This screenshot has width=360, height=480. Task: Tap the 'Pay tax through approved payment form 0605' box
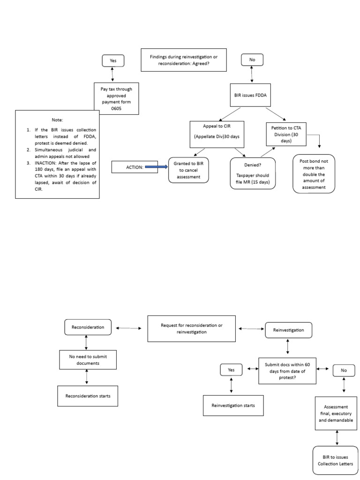pyautogui.click(x=116, y=98)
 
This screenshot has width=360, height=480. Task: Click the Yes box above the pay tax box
pyautogui.click(x=113, y=60)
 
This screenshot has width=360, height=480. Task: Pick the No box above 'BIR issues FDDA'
pyautogui.click(x=252, y=60)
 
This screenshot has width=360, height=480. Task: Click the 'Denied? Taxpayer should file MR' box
pyautogui.click(x=253, y=173)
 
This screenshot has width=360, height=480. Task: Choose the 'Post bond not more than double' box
pyautogui.click(x=314, y=173)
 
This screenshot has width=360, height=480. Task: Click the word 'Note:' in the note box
pyautogui.click(x=57, y=120)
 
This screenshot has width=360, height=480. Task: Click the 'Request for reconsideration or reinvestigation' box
pyautogui.click(x=191, y=329)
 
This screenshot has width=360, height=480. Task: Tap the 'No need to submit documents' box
pyautogui.click(x=88, y=360)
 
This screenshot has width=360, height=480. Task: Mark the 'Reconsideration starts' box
pyautogui.click(x=88, y=396)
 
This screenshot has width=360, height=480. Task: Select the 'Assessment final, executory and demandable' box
pyautogui.click(x=336, y=413)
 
